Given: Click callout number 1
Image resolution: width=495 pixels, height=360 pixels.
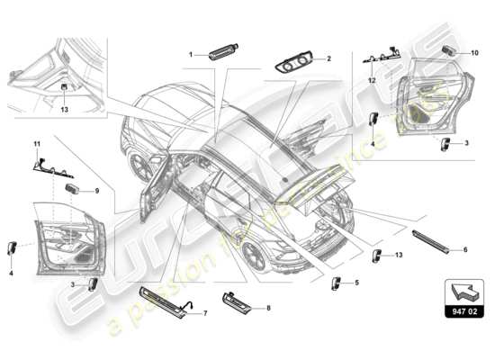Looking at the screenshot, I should pyautogui.click(x=191, y=55).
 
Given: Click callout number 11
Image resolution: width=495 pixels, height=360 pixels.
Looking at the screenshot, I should pyautogui.click(x=37, y=144).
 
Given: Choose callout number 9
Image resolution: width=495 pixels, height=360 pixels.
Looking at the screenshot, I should pyautogui.click(x=87, y=191).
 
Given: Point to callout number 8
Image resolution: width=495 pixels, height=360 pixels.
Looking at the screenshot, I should pyautogui.click(x=267, y=309).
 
